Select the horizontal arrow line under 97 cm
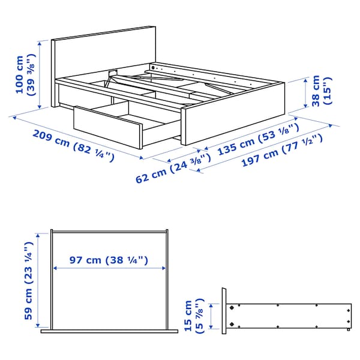coord(108,269)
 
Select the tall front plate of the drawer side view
coord(224,311)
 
